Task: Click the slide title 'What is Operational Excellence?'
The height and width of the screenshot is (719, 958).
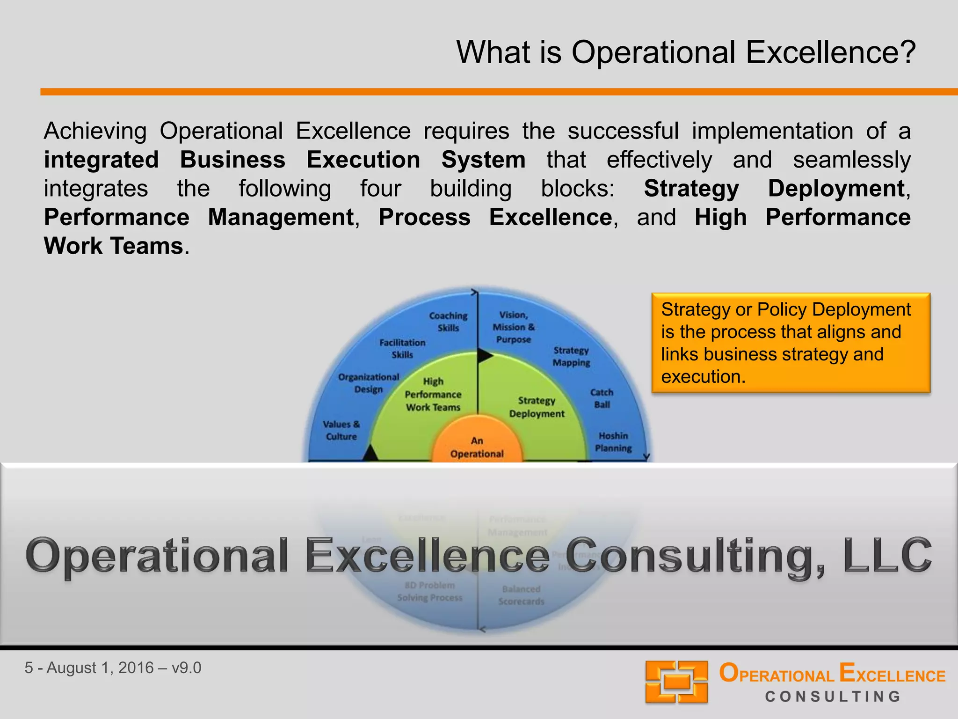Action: tap(686, 52)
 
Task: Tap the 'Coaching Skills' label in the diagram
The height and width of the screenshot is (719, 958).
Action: tap(448, 322)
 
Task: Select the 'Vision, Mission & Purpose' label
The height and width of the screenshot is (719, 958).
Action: tap(513, 327)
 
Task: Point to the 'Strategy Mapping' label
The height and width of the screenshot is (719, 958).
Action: tap(571, 356)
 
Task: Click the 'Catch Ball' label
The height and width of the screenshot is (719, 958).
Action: tap(602, 398)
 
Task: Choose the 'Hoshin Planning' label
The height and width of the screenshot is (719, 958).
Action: tap(613, 442)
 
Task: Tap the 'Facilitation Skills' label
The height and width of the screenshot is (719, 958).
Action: tap(402, 349)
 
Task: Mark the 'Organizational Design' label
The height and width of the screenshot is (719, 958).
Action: tap(369, 383)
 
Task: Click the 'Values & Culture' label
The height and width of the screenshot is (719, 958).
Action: tap(341, 430)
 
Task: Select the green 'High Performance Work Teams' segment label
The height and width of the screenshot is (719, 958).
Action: tap(433, 395)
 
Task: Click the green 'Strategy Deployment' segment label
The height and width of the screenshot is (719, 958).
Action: tap(537, 407)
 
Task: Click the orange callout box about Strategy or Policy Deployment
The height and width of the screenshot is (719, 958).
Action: tap(791, 343)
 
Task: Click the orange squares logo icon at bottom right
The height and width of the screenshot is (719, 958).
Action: tap(676, 682)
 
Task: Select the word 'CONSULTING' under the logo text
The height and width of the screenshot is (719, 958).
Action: tap(833, 697)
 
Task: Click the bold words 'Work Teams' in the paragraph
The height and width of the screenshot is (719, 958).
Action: tap(114, 246)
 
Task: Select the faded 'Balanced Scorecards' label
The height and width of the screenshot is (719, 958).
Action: tap(521, 595)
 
